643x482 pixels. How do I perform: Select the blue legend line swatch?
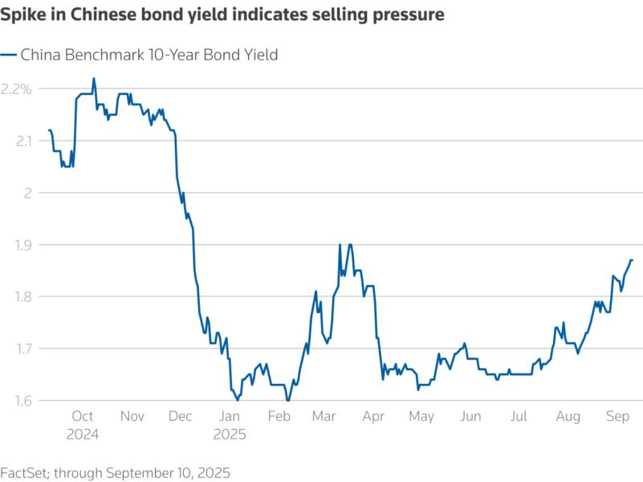point(9,55)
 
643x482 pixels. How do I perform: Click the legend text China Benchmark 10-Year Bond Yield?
point(149,55)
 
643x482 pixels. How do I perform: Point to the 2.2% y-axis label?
point(16,89)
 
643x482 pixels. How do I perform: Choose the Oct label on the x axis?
point(83,416)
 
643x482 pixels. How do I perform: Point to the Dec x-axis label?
point(181,416)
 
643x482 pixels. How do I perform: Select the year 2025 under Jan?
point(230,434)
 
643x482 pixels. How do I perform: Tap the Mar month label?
point(325,416)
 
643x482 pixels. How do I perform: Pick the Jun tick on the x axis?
point(470,416)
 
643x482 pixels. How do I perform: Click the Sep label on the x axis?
point(617,416)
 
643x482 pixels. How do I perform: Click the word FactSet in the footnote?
point(24,472)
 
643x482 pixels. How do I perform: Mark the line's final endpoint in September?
point(633,259)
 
